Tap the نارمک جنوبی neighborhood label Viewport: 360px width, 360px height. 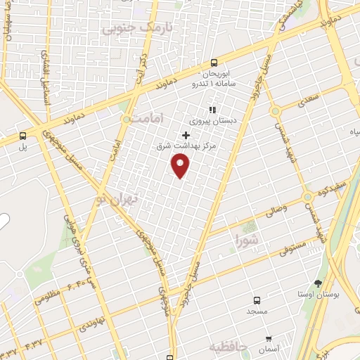click(x=135, y=28)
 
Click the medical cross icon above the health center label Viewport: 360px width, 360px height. click(x=186, y=135)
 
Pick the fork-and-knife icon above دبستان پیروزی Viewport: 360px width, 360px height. click(x=212, y=110)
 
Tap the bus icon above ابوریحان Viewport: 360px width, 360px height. click(x=214, y=62)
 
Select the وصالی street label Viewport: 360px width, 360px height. click(x=276, y=210)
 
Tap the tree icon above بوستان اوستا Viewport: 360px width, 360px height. click(x=319, y=284)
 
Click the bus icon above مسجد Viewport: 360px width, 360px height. click(x=256, y=298)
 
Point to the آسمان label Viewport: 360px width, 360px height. click(x=269, y=349)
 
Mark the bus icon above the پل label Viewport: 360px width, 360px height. click(x=23, y=136)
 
